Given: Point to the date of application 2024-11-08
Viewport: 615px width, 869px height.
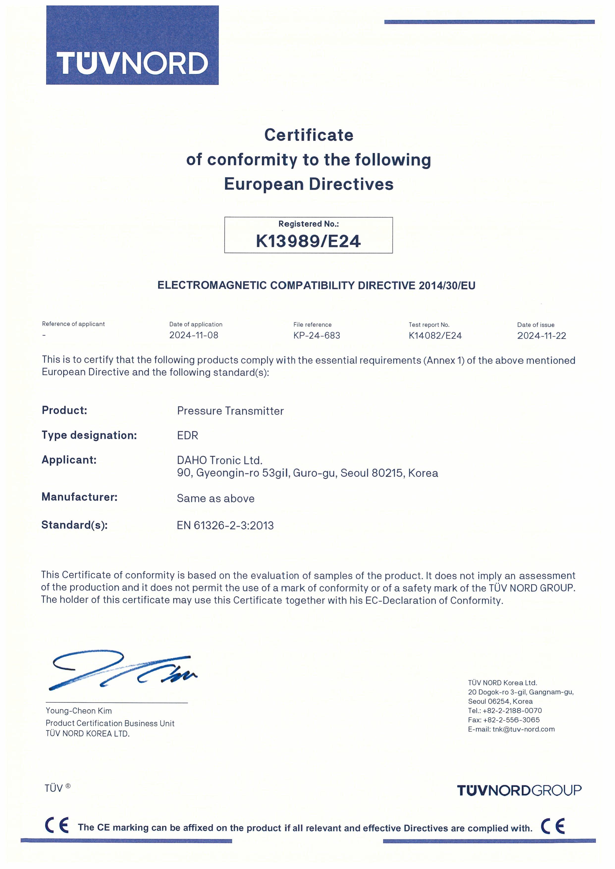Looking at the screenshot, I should pos(193,335).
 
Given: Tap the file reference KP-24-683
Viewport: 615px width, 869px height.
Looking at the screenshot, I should pos(317,336).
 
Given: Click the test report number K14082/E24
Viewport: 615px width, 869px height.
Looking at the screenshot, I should pos(435,336).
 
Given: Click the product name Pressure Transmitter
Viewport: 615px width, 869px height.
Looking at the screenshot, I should pos(230,411).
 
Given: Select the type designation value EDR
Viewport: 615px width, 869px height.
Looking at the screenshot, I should pos(187,436).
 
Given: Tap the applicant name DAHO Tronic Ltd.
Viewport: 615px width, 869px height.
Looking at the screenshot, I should pos(220,461).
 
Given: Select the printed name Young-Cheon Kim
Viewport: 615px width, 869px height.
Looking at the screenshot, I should pos(79,711).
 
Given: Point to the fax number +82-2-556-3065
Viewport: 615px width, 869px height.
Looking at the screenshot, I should pos(511,720).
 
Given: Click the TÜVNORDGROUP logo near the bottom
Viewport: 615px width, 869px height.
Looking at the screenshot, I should pos(519,790).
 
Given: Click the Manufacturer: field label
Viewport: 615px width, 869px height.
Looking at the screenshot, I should pos(80,497).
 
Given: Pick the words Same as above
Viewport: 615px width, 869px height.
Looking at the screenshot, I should pos(215,499).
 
